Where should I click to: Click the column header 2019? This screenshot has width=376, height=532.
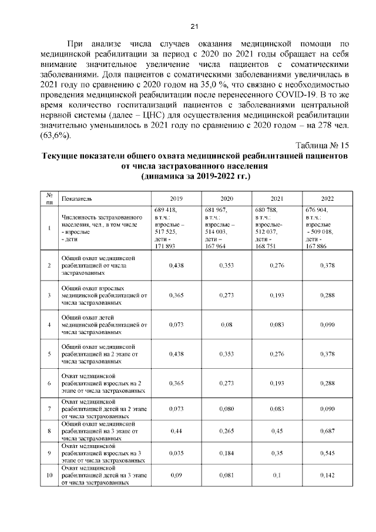click(x=176, y=199)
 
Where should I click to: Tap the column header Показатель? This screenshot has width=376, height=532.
click(x=76, y=199)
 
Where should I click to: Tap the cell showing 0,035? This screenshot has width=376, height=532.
click(x=176, y=453)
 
